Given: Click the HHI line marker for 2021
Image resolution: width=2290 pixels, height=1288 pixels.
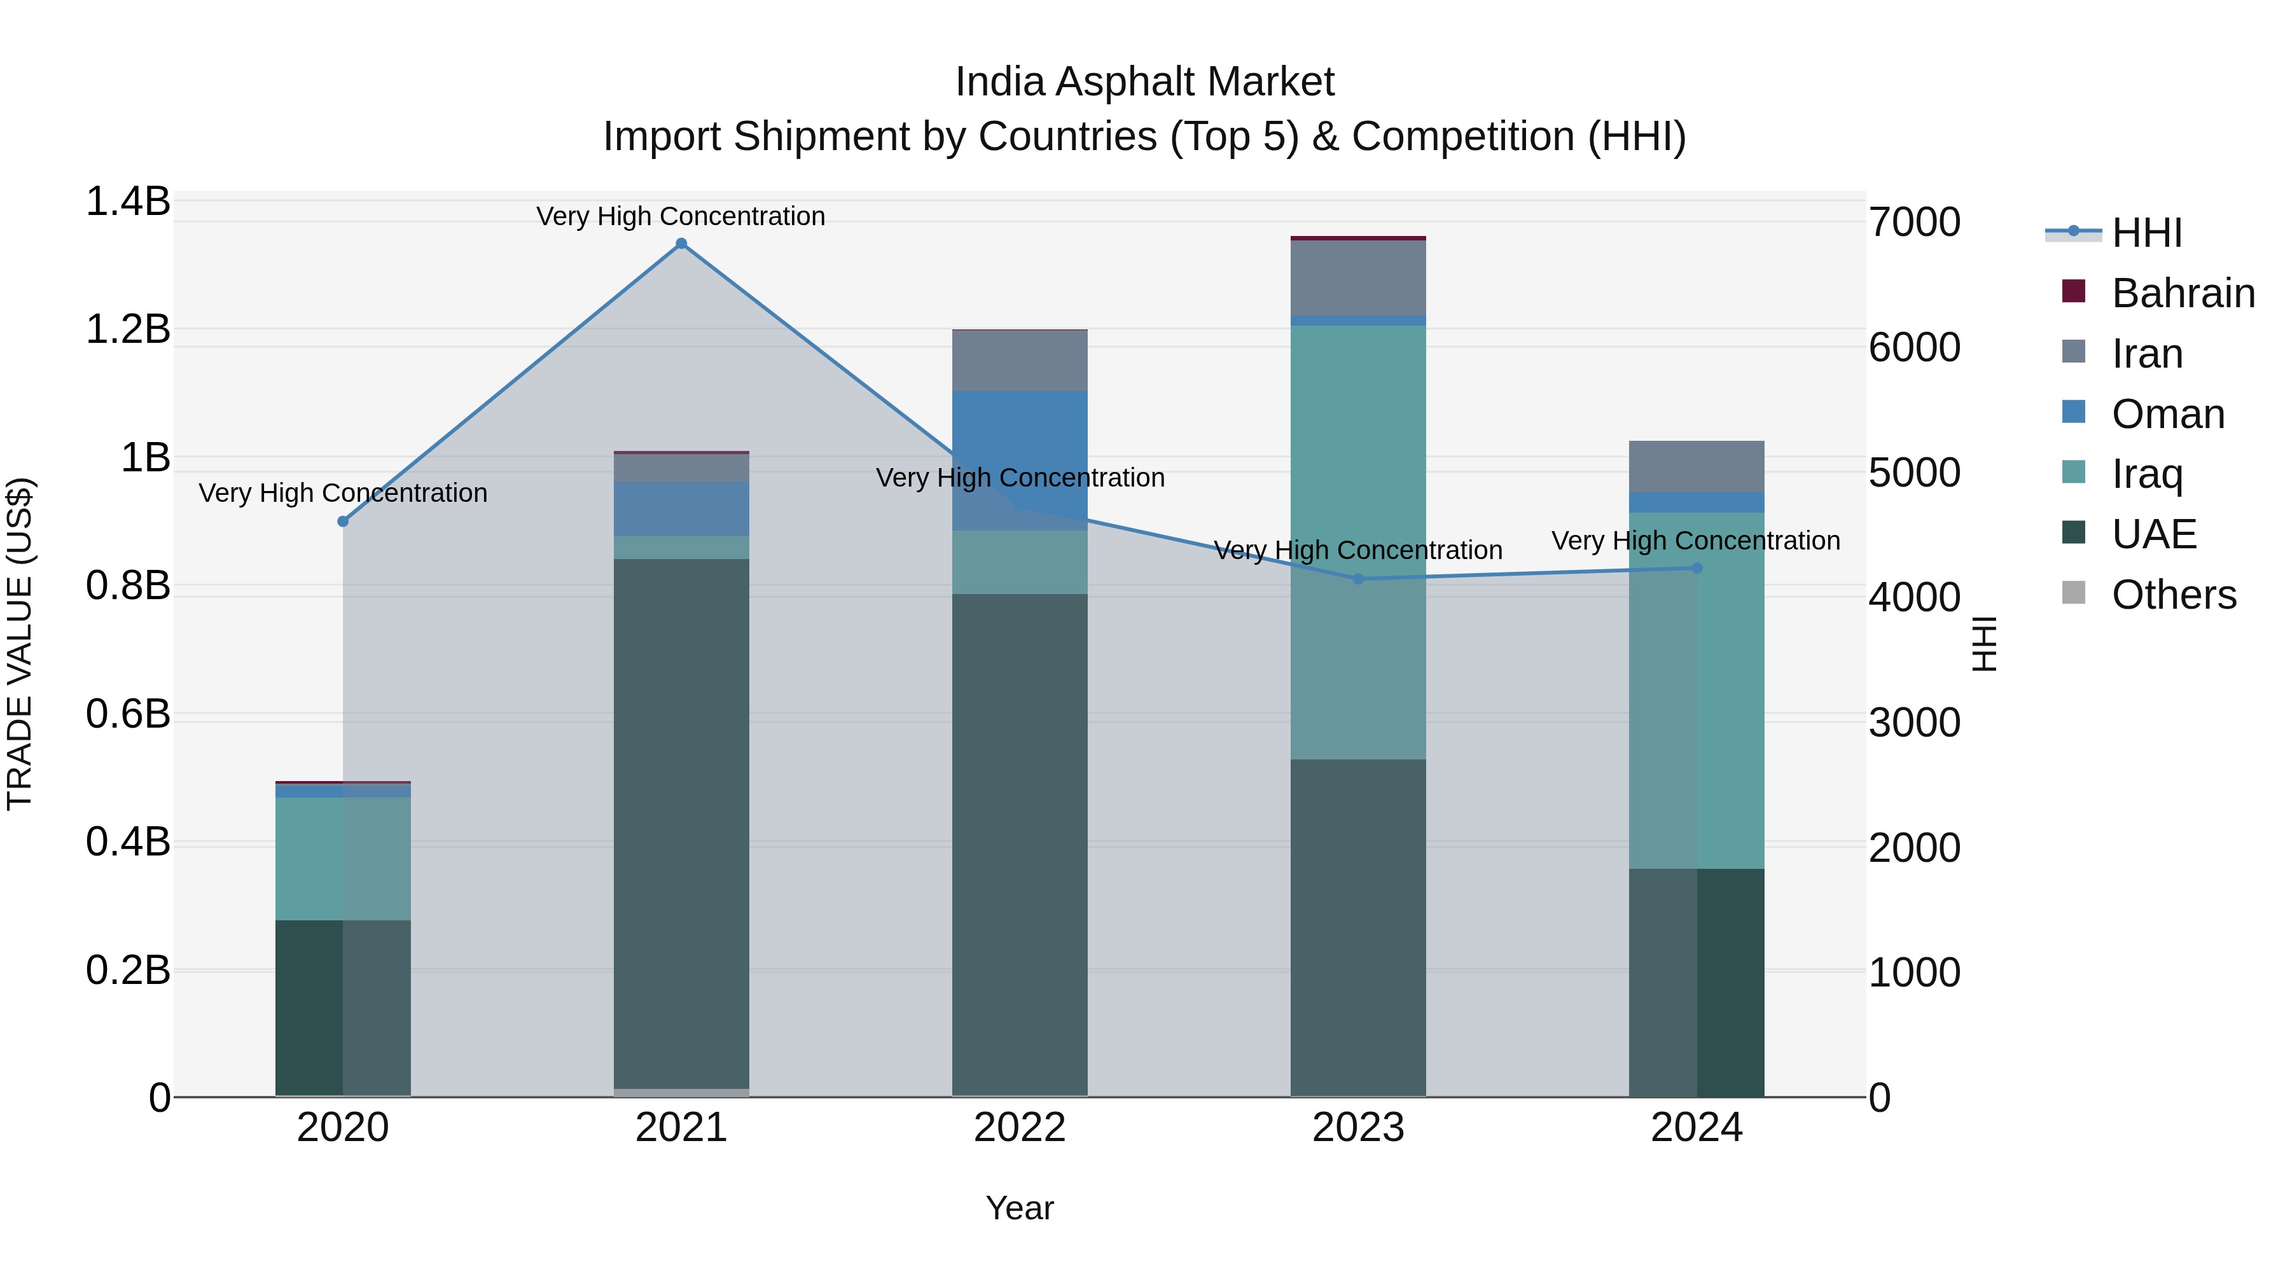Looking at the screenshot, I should point(681,244).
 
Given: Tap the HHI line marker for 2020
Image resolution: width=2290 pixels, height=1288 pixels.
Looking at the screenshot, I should point(343,522).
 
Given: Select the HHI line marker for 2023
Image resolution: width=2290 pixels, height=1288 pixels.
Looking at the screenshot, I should point(1357,579).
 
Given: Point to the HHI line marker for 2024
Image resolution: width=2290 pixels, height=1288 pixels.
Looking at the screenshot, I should point(1696,568).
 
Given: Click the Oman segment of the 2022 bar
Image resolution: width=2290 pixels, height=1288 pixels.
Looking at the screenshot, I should point(1020,445).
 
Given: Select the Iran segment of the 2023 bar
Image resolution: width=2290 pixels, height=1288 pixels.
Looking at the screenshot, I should point(1357,277).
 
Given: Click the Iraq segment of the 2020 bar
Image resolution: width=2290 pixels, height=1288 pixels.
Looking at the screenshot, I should point(343,858).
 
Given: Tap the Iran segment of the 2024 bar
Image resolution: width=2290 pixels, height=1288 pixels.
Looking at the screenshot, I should point(1696,466).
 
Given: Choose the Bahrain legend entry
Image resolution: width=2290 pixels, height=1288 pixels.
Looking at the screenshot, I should point(2182,293).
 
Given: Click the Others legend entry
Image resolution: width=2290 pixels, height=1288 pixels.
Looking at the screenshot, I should point(2173,595).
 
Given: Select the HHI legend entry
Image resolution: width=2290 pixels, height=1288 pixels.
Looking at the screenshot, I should point(2146,233).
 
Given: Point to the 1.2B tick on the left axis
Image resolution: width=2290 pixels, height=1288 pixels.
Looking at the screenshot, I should point(127,329).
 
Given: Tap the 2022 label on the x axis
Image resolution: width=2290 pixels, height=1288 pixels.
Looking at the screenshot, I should point(1020,1128).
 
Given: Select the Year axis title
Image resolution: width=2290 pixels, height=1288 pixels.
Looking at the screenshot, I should point(1020,1208).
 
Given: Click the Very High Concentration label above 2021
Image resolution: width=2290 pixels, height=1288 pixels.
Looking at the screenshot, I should point(681,216).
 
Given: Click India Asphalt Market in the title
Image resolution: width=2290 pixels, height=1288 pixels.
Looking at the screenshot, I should point(1144,82).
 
